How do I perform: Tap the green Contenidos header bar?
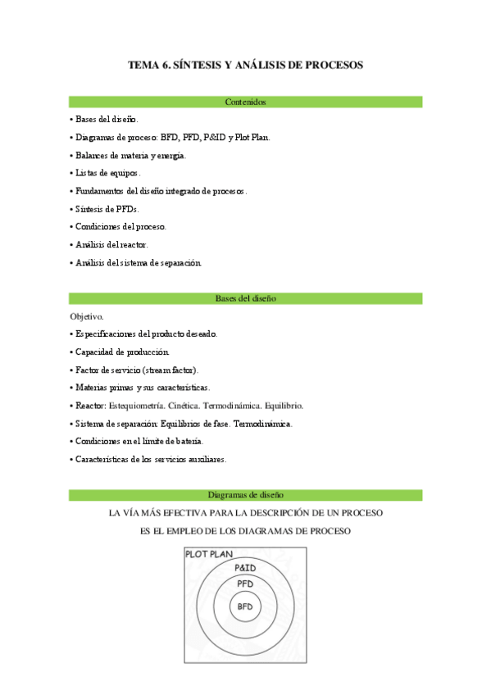coord(245,102)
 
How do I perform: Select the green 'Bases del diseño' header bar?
coord(245,298)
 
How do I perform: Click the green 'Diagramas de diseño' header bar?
coord(245,495)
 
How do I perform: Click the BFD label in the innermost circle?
coord(245,607)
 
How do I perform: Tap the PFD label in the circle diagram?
coord(245,584)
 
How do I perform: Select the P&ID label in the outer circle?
coord(245,567)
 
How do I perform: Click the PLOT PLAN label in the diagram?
coord(210,555)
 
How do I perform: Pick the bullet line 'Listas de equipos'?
coord(108,173)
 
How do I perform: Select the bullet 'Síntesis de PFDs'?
coord(107,209)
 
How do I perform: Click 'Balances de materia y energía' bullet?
coord(131,155)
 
